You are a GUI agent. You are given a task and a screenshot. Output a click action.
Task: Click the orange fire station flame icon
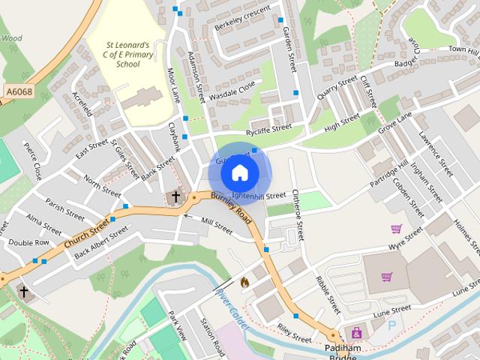click(244, 283)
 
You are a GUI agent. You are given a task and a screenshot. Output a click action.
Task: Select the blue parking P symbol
click(391, 325)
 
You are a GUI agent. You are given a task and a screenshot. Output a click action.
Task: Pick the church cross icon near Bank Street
click(175, 197)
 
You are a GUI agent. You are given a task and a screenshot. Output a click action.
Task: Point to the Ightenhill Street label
click(259, 196)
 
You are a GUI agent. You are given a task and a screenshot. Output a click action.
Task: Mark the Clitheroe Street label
click(298, 214)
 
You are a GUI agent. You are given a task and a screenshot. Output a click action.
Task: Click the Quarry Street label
click(337, 87)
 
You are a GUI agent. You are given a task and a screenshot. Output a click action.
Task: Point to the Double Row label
click(28, 242)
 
